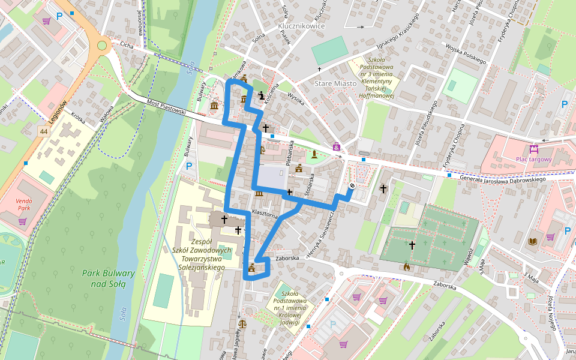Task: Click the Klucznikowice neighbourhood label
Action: pyautogui.click(x=301, y=26)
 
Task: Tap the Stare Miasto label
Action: pyautogui.click(x=336, y=83)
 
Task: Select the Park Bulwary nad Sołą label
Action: pyautogui.click(x=108, y=278)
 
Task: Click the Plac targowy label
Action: pyautogui.click(x=533, y=159)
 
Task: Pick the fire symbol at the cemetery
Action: pyautogui.click(x=407, y=266)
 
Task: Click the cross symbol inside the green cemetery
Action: pyautogui.click(x=412, y=245)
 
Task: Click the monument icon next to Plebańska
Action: pyautogui.click(x=314, y=155)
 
